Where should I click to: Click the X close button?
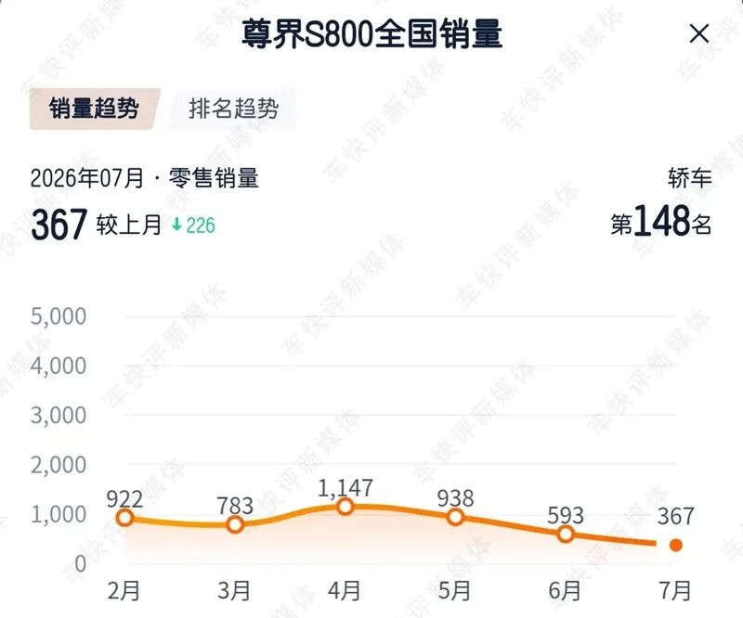pyautogui.click(x=699, y=33)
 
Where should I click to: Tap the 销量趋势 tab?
pyautogui.click(x=95, y=109)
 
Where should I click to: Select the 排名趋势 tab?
pyautogui.click(x=234, y=109)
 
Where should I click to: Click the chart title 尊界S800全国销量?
pyautogui.click(x=372, y=34)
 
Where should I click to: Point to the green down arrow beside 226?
pyautogui.click(x=176, y=224)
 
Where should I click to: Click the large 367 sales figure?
pyautogui.click(x=59, y=225)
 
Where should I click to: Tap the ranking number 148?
pyautogui.click(x=661, y=221)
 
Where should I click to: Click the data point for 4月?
pyautogui.click(x=345, y=507)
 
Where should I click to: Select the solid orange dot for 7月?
pyautogui.click(x=676, y=545)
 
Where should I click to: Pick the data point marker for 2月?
pyautogui.click(x=124, y=518)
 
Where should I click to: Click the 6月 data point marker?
pyautogui.click(x=566, y=534)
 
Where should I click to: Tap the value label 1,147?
pyautogui.click(x=345, y=488)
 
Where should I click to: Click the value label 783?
pyautogui.click(x=235, y=506)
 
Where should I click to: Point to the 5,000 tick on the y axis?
pyautogui.click(x=59, y=316)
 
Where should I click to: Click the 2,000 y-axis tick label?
pyautogui.click(x=59, y=465)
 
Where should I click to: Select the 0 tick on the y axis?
pyautogui.click(x=81, y=563)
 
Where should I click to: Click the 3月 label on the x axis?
pyautogui.click(x=234, y=591)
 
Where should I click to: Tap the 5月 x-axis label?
pyautogui.click(x=454, y=591)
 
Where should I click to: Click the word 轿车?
pyautogui.click(x=690, y=178)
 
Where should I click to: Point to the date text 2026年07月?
pyautogui.click(x=86, y=178)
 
